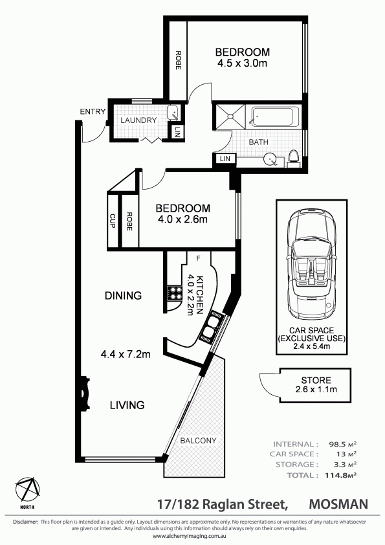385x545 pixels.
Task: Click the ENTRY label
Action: (93, 111)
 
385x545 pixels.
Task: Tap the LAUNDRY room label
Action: (138, 120)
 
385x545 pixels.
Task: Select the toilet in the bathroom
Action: (294, 158)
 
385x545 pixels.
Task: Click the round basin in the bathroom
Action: (270, 159)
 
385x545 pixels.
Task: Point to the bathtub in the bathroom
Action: (275, 117)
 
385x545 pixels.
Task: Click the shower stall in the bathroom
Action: (230, 117)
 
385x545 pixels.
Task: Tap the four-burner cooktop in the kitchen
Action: (175, 293)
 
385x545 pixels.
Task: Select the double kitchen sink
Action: (212, 327)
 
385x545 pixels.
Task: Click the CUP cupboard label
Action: (112, 221)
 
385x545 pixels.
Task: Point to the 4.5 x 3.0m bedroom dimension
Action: (242, 63)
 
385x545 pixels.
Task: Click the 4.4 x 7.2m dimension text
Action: (126, 354)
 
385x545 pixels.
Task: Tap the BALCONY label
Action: (198, 440)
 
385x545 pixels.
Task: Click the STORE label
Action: (316, 380)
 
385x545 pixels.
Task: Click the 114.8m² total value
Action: (340, 475)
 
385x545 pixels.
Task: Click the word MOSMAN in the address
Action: (338, 504)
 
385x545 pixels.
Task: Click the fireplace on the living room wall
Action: (85, 394)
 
